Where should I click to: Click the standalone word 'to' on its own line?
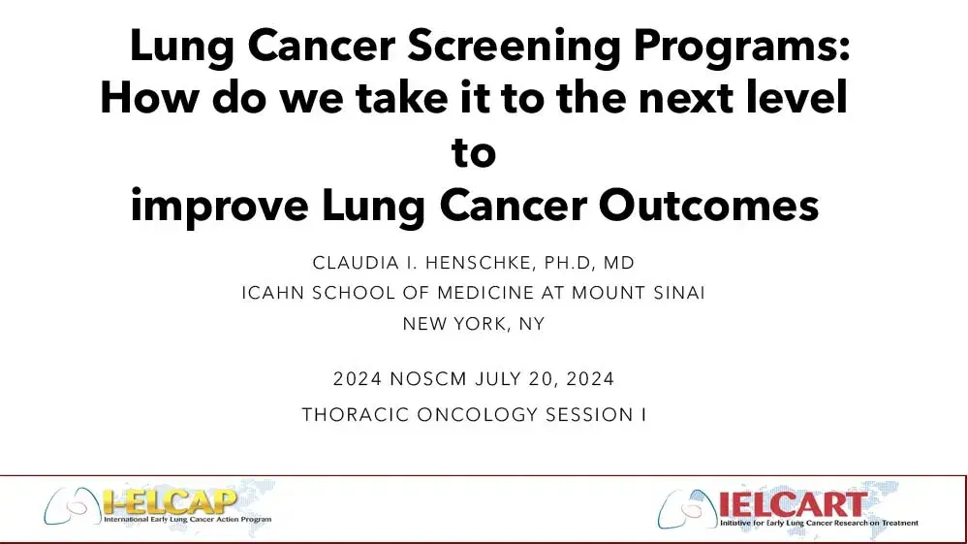[474, 152]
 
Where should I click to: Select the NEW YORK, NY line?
[473, 324]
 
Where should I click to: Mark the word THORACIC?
[355, 414]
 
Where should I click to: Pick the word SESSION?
[580, 414]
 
